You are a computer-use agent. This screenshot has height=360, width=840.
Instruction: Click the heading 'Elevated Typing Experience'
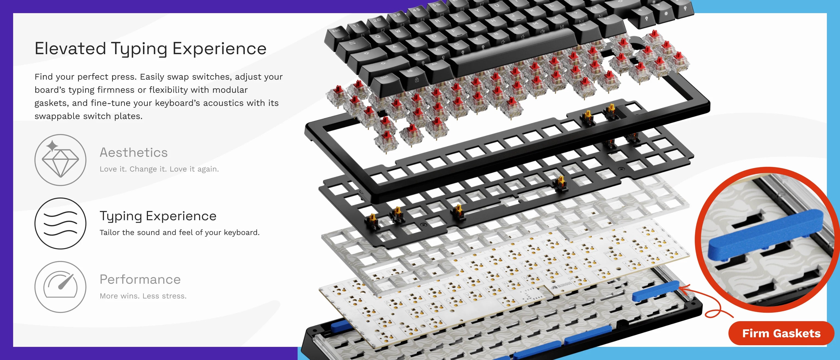point(151,49)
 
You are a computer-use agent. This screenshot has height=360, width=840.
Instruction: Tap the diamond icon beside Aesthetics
point(60,160)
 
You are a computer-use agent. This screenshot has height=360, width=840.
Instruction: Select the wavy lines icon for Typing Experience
point(60,223)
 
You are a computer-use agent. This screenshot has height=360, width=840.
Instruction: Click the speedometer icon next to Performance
point(60,287)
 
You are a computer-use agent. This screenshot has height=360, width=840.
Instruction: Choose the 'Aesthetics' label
point(134,153)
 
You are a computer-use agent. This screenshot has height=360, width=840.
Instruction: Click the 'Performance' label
point(140,280)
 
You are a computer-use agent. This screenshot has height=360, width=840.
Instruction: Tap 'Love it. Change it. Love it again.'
point(159,169)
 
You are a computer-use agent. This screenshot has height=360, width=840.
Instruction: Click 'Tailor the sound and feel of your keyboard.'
point(180,233)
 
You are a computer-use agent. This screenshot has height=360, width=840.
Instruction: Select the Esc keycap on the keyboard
point(336,31)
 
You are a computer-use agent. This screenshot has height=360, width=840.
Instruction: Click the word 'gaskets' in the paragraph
point(51,103)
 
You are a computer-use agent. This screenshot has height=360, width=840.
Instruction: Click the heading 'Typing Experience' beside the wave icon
point(158,216)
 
